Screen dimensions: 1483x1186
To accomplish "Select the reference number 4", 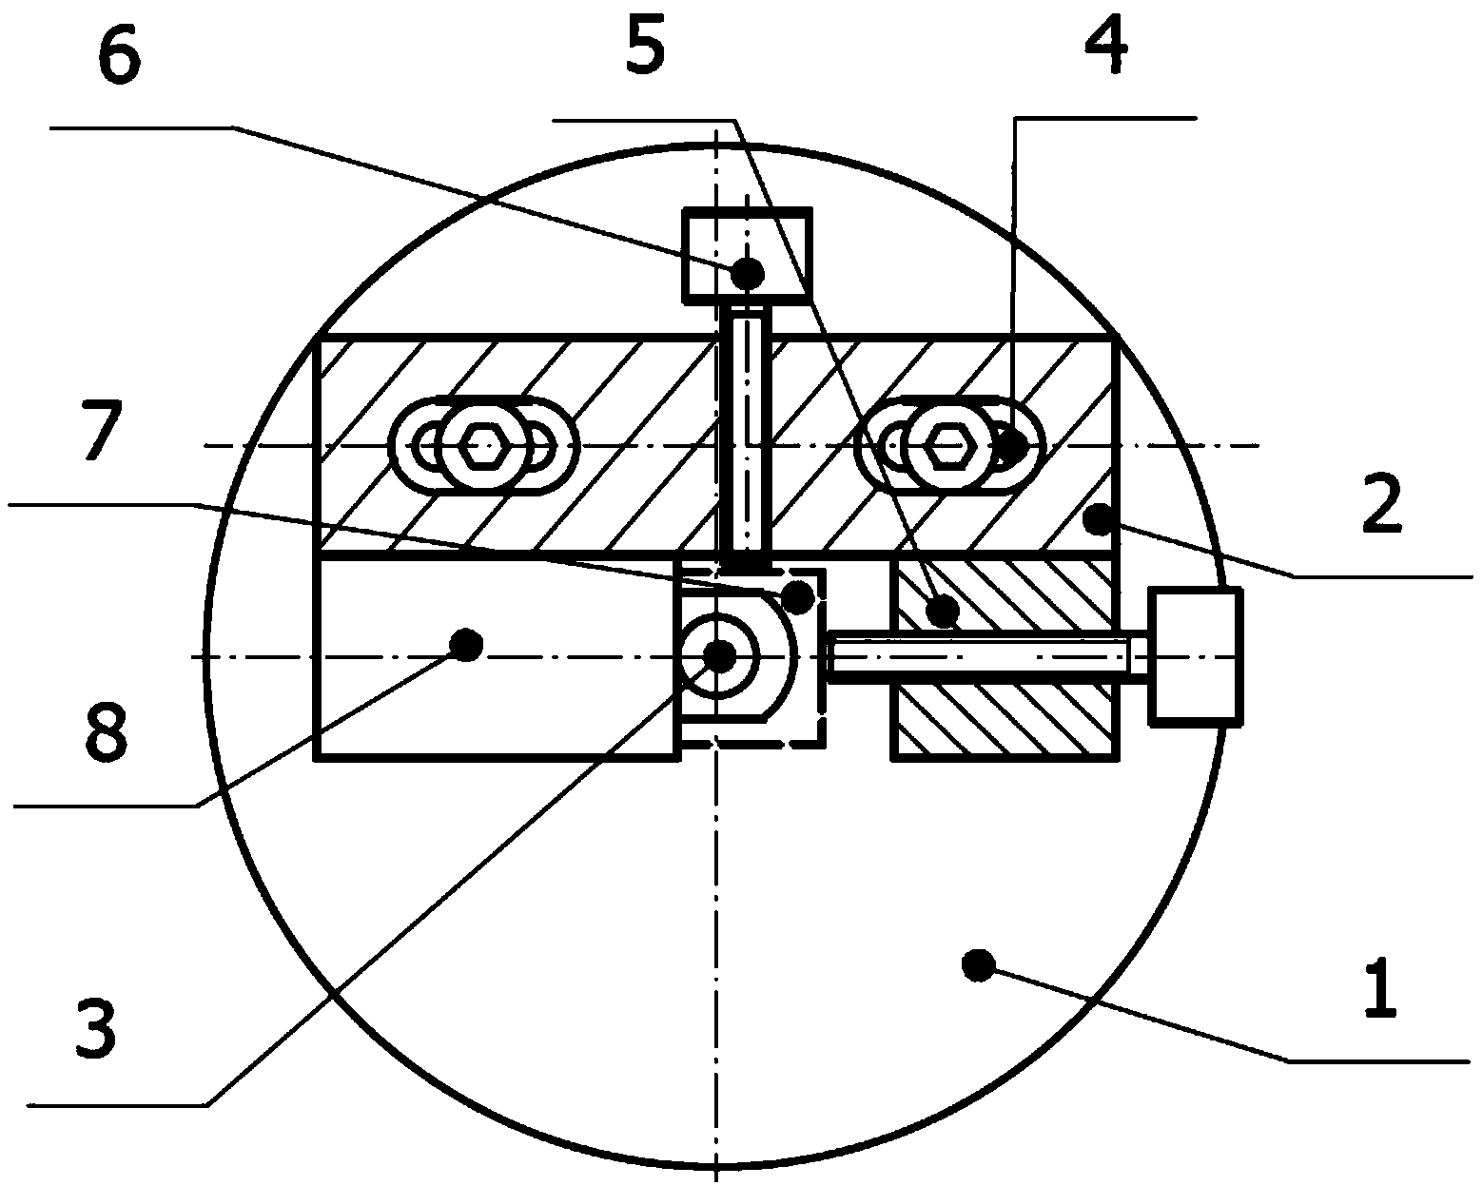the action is (x=1106, y=46).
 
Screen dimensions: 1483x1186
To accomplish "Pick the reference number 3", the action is (x=96, y=1030).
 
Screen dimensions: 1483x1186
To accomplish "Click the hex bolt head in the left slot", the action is (x=481, y=446).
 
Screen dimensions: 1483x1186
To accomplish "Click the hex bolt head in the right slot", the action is (x=946, y=446).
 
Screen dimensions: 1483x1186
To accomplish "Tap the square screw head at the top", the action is (x=747, y=256).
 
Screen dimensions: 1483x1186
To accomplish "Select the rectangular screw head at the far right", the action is (x=1195, y=657).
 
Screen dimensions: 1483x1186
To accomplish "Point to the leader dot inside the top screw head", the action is (x=748, y=274).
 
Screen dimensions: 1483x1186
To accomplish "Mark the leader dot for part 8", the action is (x=466, y=645).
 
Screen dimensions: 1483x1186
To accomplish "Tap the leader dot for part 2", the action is (x=1099, y=519).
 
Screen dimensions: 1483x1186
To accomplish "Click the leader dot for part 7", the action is (x=799, y=597).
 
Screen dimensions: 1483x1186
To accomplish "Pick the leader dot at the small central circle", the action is (x=721, y=657).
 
